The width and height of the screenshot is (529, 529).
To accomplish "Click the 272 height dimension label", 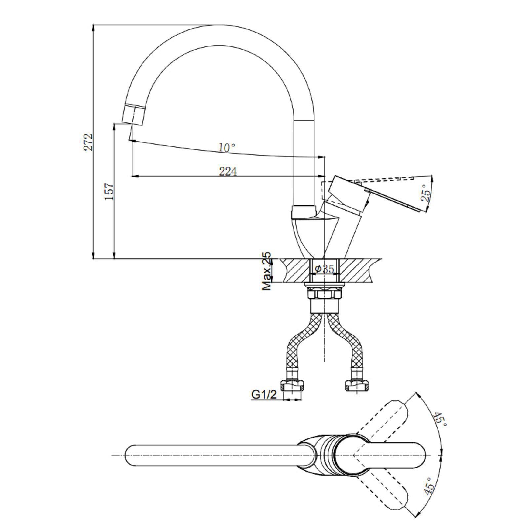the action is (88, 142).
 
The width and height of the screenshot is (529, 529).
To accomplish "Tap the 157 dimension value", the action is (109, 191).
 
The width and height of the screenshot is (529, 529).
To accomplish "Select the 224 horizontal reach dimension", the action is (228, 171).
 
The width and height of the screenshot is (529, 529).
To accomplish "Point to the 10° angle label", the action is (227, 147).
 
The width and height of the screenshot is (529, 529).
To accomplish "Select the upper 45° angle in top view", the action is (440, 419).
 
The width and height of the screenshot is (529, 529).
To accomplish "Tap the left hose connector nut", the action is (292, 385).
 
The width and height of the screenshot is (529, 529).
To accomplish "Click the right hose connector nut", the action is (357, 385).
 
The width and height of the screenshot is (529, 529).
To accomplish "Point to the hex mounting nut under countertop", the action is (324, 294).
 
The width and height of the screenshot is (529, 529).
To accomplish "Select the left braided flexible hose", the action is (302, 344).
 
